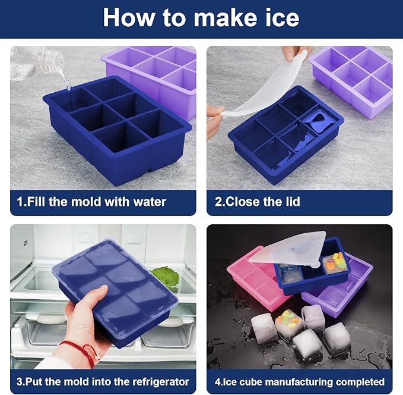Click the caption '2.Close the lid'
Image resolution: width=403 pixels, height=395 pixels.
tap(257, 202)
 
